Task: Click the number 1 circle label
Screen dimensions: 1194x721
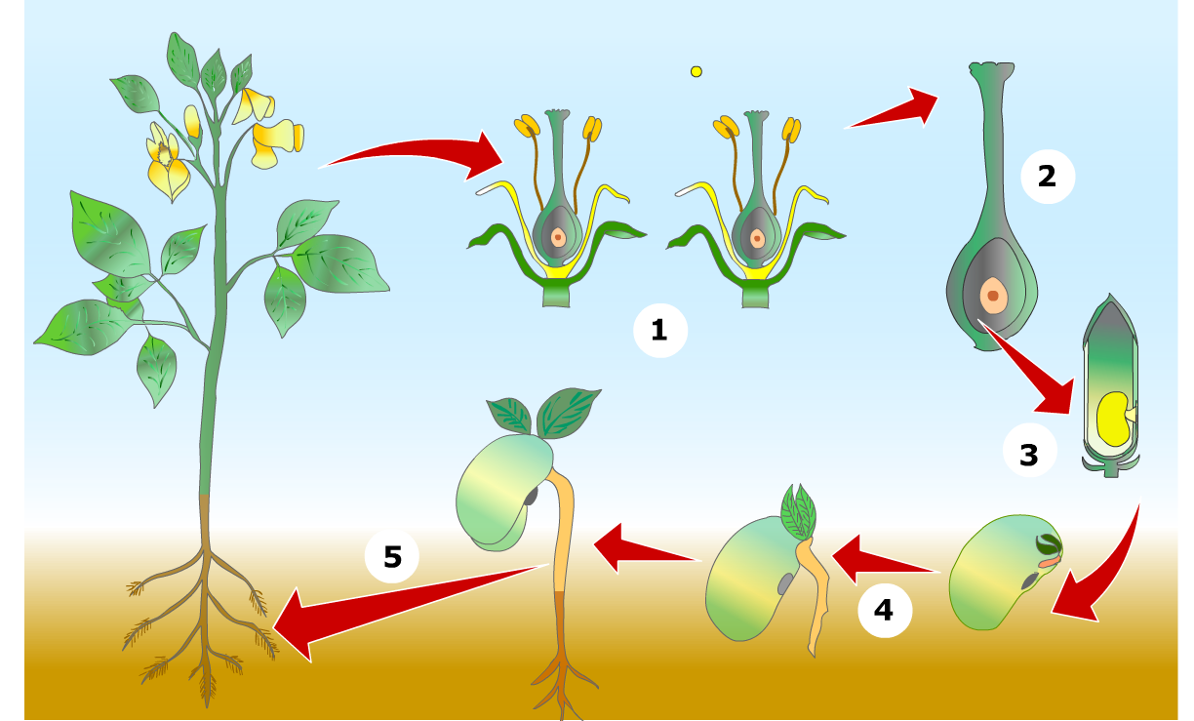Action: [659, 330]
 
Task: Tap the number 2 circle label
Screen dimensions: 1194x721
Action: [1046, 177]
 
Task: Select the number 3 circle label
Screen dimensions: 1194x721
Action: [1029, 454]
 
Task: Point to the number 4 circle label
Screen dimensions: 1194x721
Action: [884, 610]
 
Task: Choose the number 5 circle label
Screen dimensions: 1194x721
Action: [392, 557]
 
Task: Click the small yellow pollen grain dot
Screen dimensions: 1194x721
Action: [696, 71]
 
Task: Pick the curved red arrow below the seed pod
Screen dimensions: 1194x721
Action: [1107, 571]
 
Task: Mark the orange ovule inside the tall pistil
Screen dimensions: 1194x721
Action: [992, 295]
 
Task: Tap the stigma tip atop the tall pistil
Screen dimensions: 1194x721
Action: [990, 70]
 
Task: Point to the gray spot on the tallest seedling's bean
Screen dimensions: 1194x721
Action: [532, 496]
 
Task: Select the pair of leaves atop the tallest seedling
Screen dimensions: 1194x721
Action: [546, 413]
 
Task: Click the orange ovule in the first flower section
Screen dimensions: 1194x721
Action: [557, 237]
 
